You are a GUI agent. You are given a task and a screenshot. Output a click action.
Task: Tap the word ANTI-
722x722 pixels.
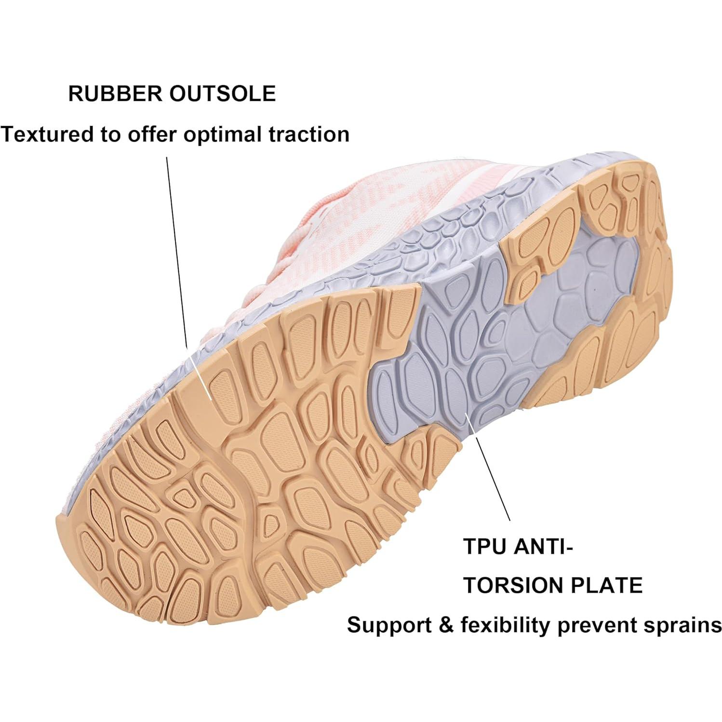(x=542, y=547)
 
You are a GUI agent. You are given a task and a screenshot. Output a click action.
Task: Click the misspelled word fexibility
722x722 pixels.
(x=505, y=626)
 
